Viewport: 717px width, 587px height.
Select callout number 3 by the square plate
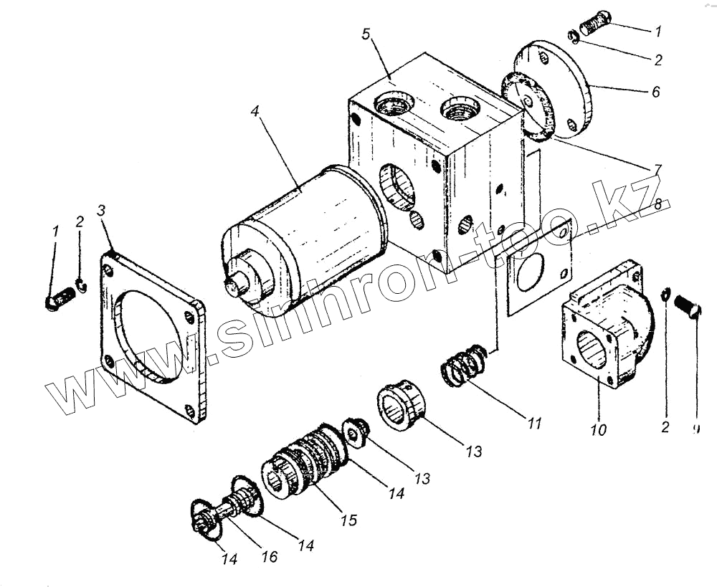(x=102, y=211)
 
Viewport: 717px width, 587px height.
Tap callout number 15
(x=349, y=520)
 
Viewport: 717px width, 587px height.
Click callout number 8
(x=658, y=204)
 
